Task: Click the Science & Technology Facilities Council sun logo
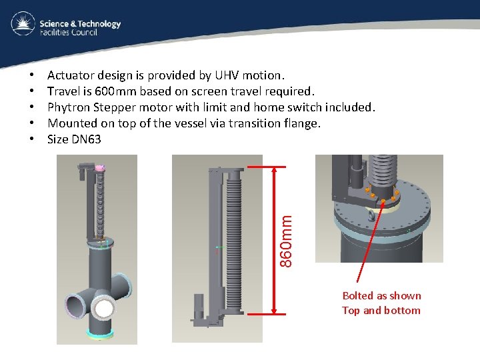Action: pyautogui.click(x=23, y=25)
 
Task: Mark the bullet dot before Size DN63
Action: pyautogui.click(x=33, y=139)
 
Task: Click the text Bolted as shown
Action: pyautogui.click(x=381, y=295)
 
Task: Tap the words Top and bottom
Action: pyautogui.click(x=381, y=310)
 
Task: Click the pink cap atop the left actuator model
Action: pyautogui.click(x=100, y=168)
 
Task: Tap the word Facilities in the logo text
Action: pyautogui.click(x=56, y=32)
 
